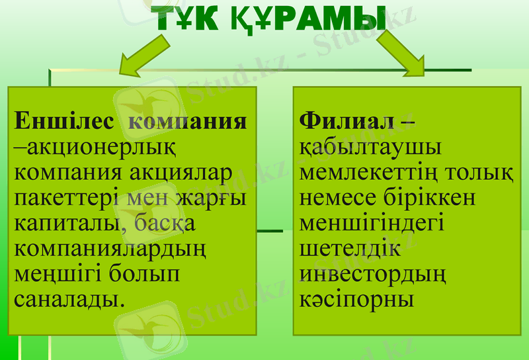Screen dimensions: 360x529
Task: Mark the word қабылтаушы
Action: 371,148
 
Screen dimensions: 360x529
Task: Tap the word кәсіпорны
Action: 357,298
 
